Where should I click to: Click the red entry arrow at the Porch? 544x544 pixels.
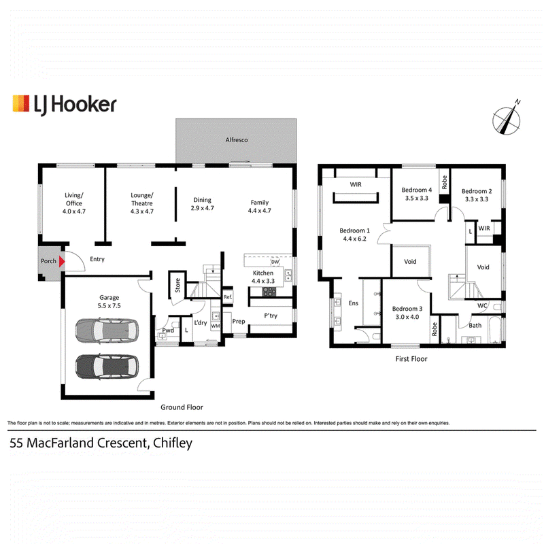(x=61, y=261)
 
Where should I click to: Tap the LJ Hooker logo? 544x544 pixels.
(x=65, y=105)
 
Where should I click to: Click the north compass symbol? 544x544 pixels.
(x=507, y=119)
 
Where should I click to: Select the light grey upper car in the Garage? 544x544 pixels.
(x=107, y=330)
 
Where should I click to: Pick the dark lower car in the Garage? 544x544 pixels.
(x=107, y=367)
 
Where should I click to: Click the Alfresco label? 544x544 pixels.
(x=237, y=140)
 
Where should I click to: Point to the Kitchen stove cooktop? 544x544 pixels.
(x=269, y=292)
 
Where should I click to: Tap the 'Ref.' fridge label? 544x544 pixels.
(x=228, y=297)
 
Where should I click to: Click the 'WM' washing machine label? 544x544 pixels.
(x=216, y=326)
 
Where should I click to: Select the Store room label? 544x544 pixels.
(x=177, y=285)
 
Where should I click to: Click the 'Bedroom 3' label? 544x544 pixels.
(x=407, y=309)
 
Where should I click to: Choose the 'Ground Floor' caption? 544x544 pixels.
(x=182, y=407)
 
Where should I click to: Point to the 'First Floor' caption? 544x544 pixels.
(x=411, y=359)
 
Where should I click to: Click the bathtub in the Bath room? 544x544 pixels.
(x=495, y=329)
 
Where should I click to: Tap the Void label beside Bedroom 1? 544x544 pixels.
(x=410, y=262)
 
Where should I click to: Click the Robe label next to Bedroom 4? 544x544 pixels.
(x=445, y=182)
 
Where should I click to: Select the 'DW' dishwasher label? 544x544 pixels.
(x=275, y=262)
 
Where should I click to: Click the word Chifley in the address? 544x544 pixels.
(x=173, y=443)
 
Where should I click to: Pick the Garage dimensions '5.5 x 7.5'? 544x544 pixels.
(x=109, y=305)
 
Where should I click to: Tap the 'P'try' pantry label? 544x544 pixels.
(x=271, y=316)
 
